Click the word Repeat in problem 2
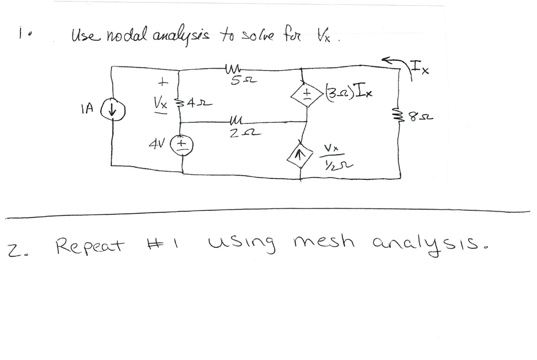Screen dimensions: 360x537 [x=91, y=245]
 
